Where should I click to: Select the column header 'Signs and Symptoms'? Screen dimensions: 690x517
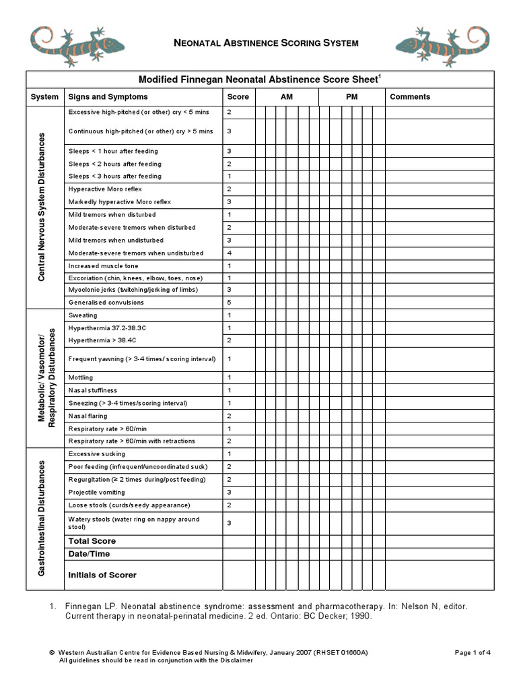coord(108,97)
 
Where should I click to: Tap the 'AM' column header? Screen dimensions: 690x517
coord(287,97)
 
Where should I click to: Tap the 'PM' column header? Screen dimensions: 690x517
coord(352,97)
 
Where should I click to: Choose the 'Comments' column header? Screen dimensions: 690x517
coord(410,97)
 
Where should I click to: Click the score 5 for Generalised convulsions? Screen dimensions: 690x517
coord(230,303)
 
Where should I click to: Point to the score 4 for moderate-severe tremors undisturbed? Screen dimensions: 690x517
coord(230,253)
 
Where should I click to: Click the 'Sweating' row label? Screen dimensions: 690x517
coord(83,315)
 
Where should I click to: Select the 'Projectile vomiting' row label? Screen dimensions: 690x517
coord(96,493)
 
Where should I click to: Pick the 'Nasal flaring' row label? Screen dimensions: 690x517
coord(88,416)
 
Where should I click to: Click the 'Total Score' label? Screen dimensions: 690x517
coord(92,541)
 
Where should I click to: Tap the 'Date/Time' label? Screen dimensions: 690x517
coord(89,554)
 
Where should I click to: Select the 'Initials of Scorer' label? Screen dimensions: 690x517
coord(102,575)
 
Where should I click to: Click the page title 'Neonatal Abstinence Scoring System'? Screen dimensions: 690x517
coord(266,43)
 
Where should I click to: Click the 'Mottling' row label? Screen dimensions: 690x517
coord(81,377)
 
